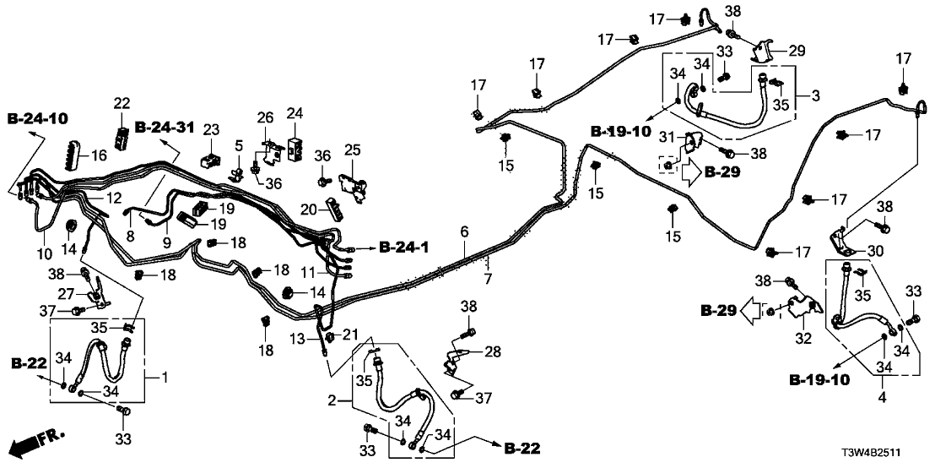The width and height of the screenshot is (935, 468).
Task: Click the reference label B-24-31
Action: [x=164, y=128]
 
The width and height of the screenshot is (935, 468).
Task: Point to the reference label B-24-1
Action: [x=403, y=248]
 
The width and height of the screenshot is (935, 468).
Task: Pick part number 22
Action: [x=122, y=102]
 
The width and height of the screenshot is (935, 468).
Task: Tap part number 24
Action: [x=295, y=112]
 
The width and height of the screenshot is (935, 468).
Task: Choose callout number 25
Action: [x=352, y=150]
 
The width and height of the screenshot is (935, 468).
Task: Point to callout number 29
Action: [x=797, y=50]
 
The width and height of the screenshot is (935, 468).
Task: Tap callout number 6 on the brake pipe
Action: [x=463, y=231]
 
